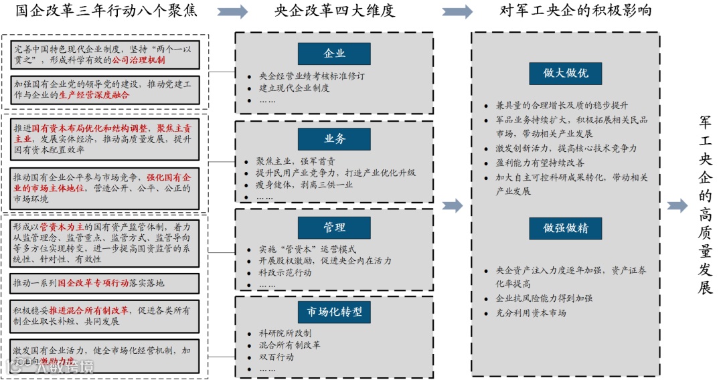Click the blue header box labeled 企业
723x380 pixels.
(334, 54)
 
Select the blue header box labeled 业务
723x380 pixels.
(334, 139)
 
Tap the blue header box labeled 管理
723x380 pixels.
(334, 227)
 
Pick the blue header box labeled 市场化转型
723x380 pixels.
(334, 312)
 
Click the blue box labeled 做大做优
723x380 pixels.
(566, 73)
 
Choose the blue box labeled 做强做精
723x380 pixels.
(566, 228)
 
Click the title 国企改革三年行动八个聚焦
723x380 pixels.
(106, 11)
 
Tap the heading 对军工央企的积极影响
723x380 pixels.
(576, 11)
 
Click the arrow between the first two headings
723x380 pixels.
(233, 12)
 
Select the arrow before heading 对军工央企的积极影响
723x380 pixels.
(457, 12)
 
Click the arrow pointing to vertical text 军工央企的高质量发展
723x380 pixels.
(677, 206)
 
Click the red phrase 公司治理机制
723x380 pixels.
(139, 60)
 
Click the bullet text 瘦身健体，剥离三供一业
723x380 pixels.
(305, 185)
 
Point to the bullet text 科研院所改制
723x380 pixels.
(285, 332)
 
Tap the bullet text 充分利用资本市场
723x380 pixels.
(531, 313)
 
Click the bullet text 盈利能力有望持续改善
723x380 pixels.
(539, 163)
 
